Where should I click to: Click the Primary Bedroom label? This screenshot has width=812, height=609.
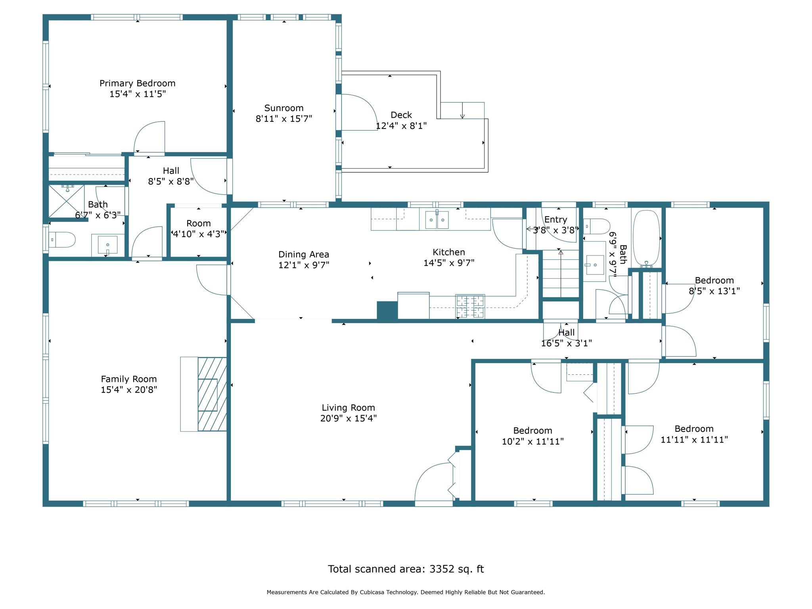pyautogui.click(x=137, y=83)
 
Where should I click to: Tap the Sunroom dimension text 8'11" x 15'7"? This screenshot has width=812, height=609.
pyautogui.click(x=284, y=119)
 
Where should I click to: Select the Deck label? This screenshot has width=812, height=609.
pyautogui.click(x=401, y=115)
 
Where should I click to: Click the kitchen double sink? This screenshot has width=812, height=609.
pyautogui.click(x=437, y=220)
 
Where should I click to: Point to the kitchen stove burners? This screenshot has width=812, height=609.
pyautogui.click(x=470, y=306)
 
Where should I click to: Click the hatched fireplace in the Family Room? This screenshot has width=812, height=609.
pyautogui.click(x=212, y=394)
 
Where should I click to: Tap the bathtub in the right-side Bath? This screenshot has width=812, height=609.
pyautogui.click(x=646, y=238)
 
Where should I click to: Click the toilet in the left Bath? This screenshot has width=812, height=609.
pyautogui.click(x=62, y=240)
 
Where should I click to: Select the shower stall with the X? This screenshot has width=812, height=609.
pyautogui.click(x=66, y=201)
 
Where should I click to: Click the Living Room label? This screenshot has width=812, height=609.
pyautogui.click(x=348, y=408)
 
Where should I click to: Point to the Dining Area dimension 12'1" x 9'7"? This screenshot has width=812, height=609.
pyautogui.click(x=304, y=265)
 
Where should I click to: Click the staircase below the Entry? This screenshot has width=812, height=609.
pyautogui.click(x=561, y=274)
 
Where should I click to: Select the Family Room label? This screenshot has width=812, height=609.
pyautogui.click(x=129, y=379)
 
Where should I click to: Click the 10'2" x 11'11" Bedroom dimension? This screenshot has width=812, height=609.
pyautogui.click(x=532, y=441)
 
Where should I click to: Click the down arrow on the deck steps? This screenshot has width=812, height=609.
pyautogui.click(x=462, y=111)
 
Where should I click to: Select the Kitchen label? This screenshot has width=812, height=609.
pyautogui.click(x=449, y=252)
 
